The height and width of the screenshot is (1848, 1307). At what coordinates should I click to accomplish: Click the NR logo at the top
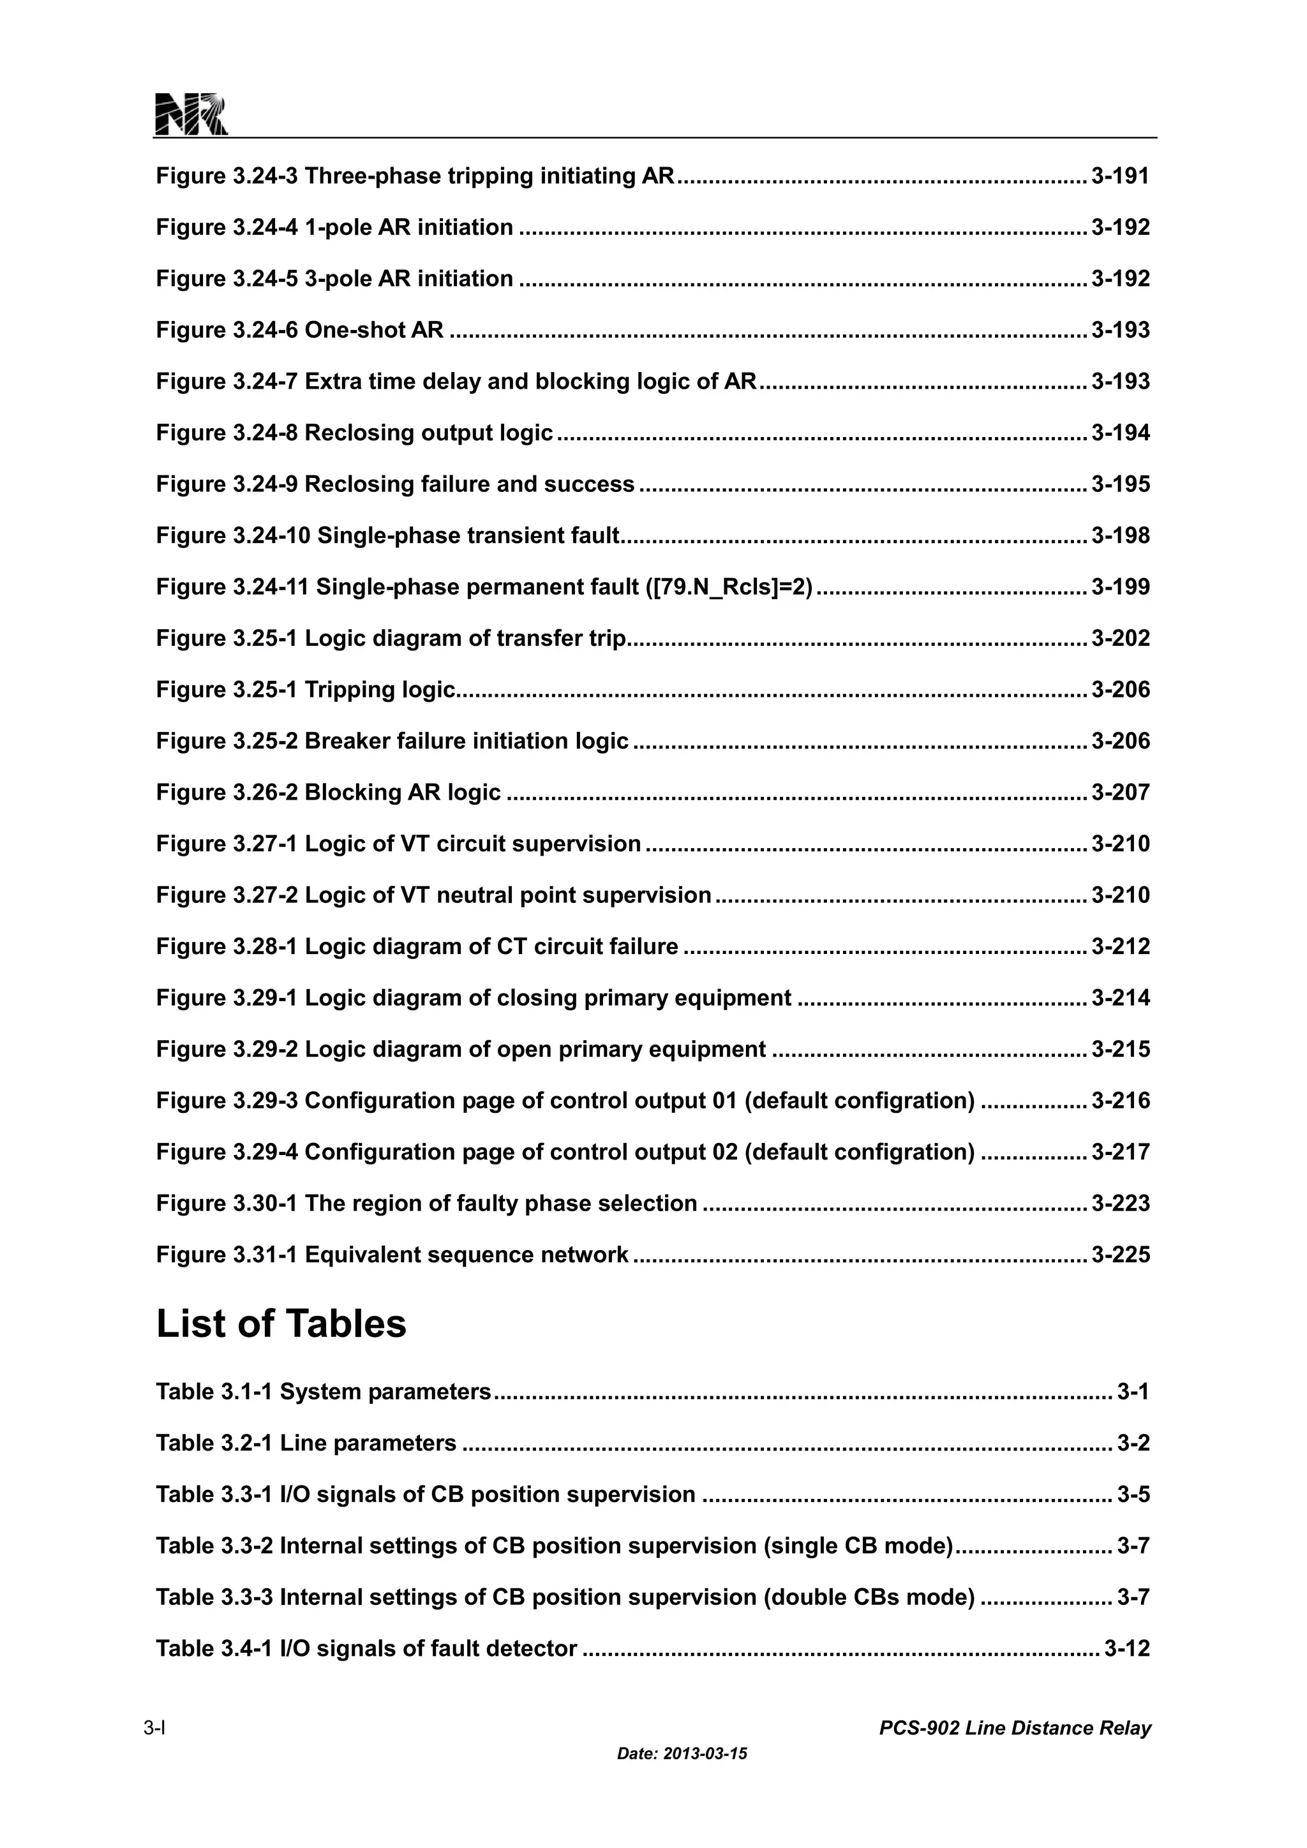coord(191,114)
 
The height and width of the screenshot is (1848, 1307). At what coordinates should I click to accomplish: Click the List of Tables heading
coord(281,1324)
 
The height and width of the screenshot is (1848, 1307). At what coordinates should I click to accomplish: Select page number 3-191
coord(1120,176)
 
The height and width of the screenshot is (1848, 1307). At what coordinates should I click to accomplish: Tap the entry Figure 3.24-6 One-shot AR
coord(299,330)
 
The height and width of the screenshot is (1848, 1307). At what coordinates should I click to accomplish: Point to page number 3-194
coord(1120,433)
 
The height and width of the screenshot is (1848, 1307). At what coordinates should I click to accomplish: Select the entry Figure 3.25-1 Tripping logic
coord(306,690)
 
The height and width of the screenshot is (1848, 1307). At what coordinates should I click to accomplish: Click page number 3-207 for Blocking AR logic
coord(1120,793)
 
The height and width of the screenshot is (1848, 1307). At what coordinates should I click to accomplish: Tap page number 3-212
coord(1120,946)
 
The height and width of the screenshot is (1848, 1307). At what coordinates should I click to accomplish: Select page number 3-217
coord(1120,1152)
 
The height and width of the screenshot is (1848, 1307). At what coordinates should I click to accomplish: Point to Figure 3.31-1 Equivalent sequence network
coord(392,1255)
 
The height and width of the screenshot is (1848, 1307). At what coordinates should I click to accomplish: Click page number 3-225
coord(1120,1255)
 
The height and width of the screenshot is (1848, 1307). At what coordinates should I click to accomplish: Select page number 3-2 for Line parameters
coord(1133,1443)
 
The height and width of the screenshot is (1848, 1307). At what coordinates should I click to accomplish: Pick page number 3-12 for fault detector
coord(1127,1648)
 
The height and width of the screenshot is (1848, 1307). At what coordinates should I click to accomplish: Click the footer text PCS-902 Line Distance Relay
coord(1015,1728)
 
